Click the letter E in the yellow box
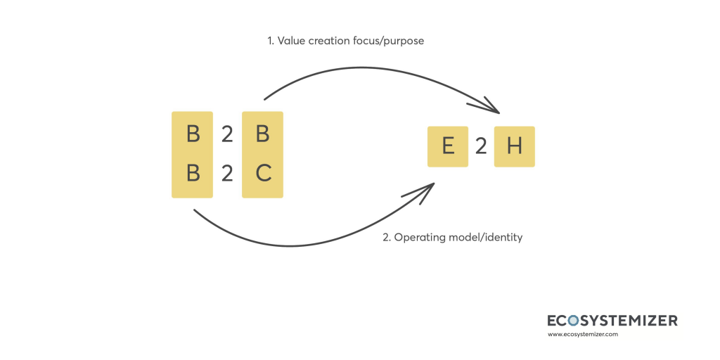(448, 146)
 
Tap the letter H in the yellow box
(515, 146)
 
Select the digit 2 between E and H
(481, 146)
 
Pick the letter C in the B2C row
(263, 173)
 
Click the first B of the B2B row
(193, 134)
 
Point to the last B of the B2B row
(263, 134)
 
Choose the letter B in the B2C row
(193, 173)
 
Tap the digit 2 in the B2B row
(227, 134)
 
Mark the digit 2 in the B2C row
(227, 173)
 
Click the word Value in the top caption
(292, 41)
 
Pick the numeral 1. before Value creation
(270, 41)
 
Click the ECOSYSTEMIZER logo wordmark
(612, 321)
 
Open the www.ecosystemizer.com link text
(582, 335)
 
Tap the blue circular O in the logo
(573, 321)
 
